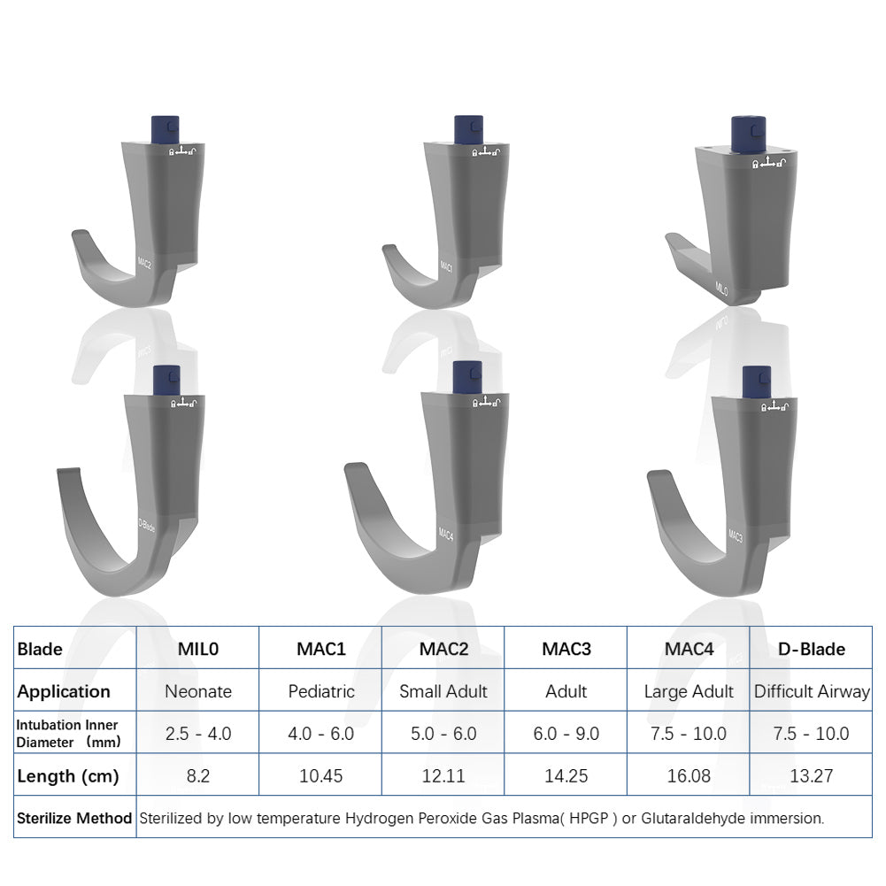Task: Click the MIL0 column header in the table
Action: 197,649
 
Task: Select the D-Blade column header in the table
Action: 811,649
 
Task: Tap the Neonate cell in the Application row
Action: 197,691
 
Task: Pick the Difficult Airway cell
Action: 811,691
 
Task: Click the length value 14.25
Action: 566,776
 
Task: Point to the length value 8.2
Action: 197,776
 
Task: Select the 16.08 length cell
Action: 689,776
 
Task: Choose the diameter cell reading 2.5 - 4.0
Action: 197,734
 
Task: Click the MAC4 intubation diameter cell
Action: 689,734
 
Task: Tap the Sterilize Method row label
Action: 74,819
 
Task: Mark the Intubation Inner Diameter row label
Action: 67,734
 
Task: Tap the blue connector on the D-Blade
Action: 166,379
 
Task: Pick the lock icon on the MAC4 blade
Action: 475,403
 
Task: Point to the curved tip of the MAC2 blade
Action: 80,237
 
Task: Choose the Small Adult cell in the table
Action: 443,691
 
